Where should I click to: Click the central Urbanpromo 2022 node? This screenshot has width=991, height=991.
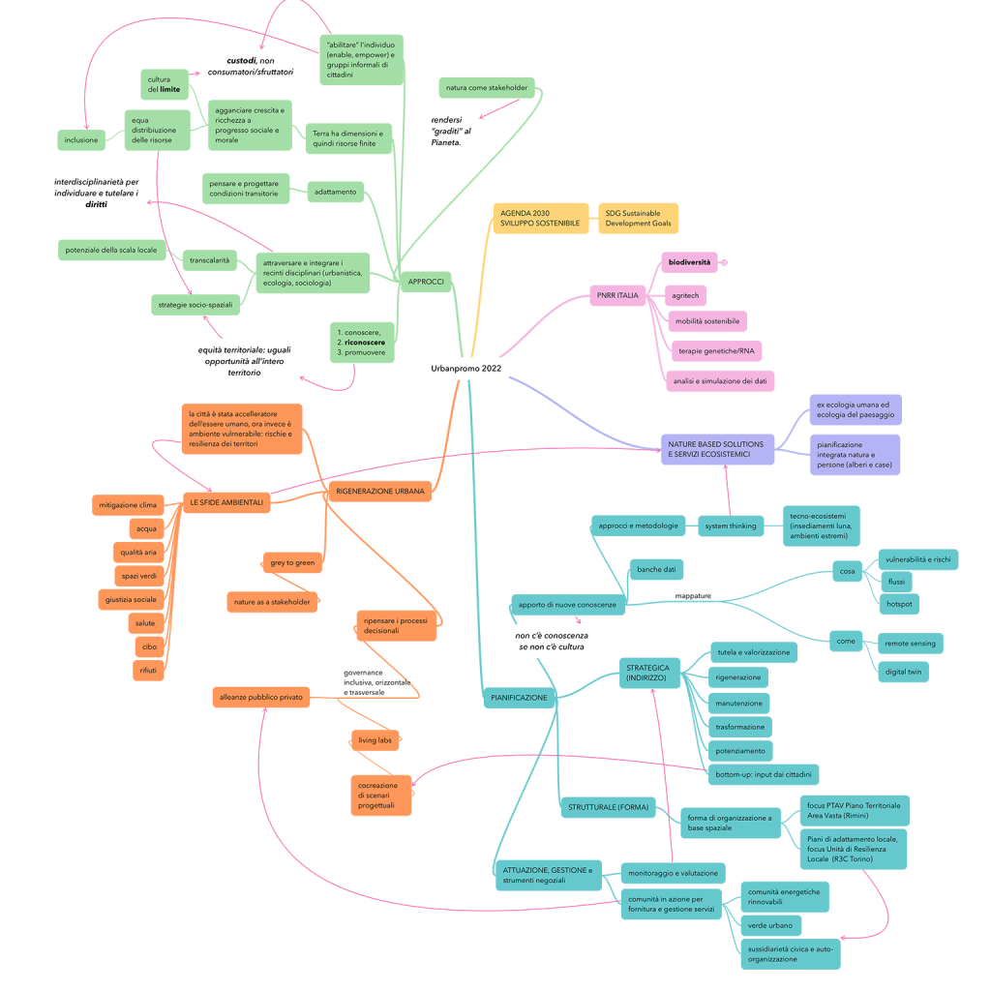(x=466, y=369)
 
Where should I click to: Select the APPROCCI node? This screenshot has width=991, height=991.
(x=426, y=282)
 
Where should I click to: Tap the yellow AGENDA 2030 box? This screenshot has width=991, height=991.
(x=540, y=218)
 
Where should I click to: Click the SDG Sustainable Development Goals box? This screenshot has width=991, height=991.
(x=638, y=218)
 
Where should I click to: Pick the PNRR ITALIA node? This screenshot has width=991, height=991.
(x=617, y=295)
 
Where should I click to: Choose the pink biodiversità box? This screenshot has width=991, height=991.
(x=690, y=262)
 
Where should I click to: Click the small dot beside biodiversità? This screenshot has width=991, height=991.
(x=724, y=262)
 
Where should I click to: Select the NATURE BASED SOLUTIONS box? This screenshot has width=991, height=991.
(x=716, y=449)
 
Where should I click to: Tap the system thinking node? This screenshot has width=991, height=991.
(x=730, y=526)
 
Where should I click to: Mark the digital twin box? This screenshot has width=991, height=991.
(x=902, y=672)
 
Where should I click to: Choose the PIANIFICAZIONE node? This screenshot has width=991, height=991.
(x=519, y=697)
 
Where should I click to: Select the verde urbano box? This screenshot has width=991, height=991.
(x=769, y=926)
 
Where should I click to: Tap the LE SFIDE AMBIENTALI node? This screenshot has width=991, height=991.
(x=225, y=502)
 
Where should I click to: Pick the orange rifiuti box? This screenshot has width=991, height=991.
(x=147, y=671)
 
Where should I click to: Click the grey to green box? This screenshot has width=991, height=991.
(x=291, y=562)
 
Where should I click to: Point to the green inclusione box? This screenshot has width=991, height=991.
(x=81, y=140)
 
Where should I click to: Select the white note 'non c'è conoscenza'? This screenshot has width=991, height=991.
(x=551, y=641)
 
